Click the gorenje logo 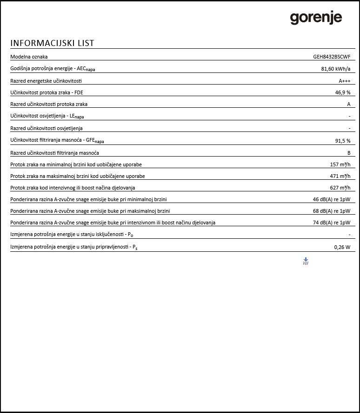coord(316,18)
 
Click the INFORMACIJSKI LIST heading coord(52,43)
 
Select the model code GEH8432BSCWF coord(332,57)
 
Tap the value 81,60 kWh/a coord(335,69)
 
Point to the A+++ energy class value coord(344,81)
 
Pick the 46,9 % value coord(342,92)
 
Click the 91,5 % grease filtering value coord(342,141)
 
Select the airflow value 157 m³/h coord(340,164)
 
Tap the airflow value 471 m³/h coord(340,176)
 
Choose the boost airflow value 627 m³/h coord(340,188)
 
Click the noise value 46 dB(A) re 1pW coord(331,199)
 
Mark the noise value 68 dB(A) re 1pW coord(331,211)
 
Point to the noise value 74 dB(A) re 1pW coord(331,223)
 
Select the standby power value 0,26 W coord(342,247)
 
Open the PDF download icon coord(306,261)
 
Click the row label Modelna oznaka coord(29,57)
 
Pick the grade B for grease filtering coord(348,152)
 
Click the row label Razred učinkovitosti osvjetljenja coord(47,128)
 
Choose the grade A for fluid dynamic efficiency coord(348,104)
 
